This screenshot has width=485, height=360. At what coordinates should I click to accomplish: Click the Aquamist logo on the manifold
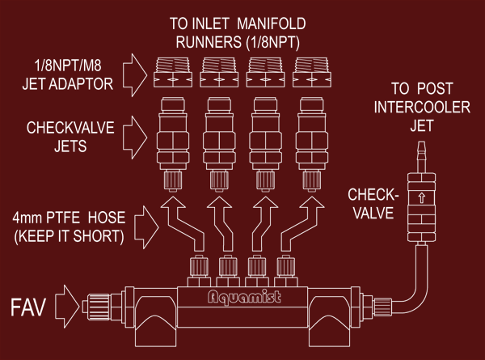(244, 297)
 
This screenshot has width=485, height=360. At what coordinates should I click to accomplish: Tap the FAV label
(28, 307)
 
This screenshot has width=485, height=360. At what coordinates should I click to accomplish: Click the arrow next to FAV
(67, 307)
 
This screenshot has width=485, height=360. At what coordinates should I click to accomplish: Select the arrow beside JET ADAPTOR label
(135, 75)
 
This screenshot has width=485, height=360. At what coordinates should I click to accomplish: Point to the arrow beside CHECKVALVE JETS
(135, 138)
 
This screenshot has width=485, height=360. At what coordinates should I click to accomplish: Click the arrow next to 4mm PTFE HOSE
(146, 227)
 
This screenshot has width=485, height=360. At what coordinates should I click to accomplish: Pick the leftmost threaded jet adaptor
(173, 73)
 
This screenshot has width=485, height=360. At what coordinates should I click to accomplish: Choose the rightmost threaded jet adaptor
(312, 73)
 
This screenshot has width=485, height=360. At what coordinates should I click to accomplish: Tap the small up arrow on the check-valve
(421, 197)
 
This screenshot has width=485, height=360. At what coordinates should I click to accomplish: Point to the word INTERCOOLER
(422, 107)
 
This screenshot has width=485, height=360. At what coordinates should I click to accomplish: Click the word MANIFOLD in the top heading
(272, 23)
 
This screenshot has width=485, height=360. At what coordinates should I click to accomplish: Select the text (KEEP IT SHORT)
(69, 236)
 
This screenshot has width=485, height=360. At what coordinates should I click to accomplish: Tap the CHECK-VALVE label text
(373, 204)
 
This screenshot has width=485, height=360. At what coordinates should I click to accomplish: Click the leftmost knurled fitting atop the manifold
(199, 266)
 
